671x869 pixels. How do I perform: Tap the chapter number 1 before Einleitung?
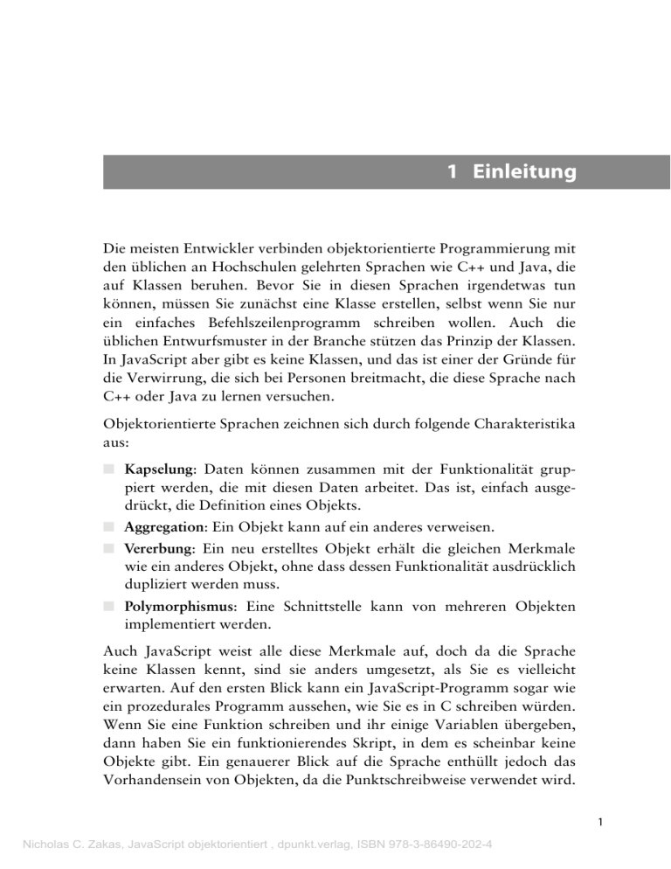coord(452,172)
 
